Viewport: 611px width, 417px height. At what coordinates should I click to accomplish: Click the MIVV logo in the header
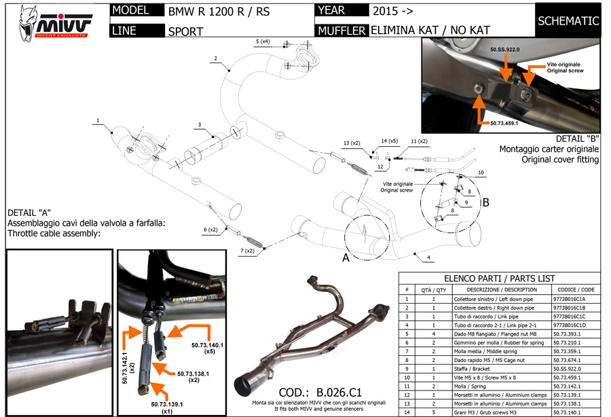[54, 20]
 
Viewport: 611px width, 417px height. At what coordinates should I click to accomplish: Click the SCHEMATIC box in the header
[568, 20]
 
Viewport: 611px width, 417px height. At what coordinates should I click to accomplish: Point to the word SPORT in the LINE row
[184, 31]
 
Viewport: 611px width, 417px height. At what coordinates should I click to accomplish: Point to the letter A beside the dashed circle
[346, 259]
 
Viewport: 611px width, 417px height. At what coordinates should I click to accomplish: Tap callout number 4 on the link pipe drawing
[429, 257]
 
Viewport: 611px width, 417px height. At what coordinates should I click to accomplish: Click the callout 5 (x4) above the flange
[263, 42]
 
